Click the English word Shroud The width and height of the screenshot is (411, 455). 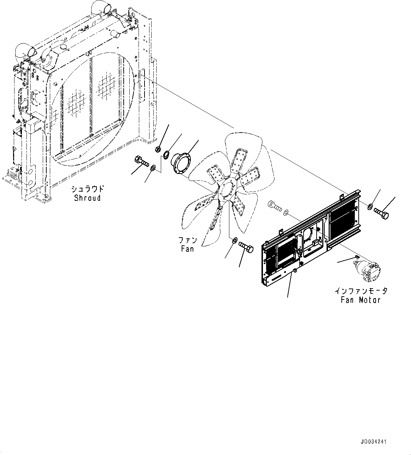[x=87, y=198]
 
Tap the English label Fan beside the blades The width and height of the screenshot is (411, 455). [x=187, y=249]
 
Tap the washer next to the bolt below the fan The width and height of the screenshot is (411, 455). [x=234, y=241]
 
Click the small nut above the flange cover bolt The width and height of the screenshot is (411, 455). [x=158, y=149]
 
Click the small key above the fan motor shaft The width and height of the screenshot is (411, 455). [x=357, y=256]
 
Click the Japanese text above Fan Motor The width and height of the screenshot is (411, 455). [x=361, y=291]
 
